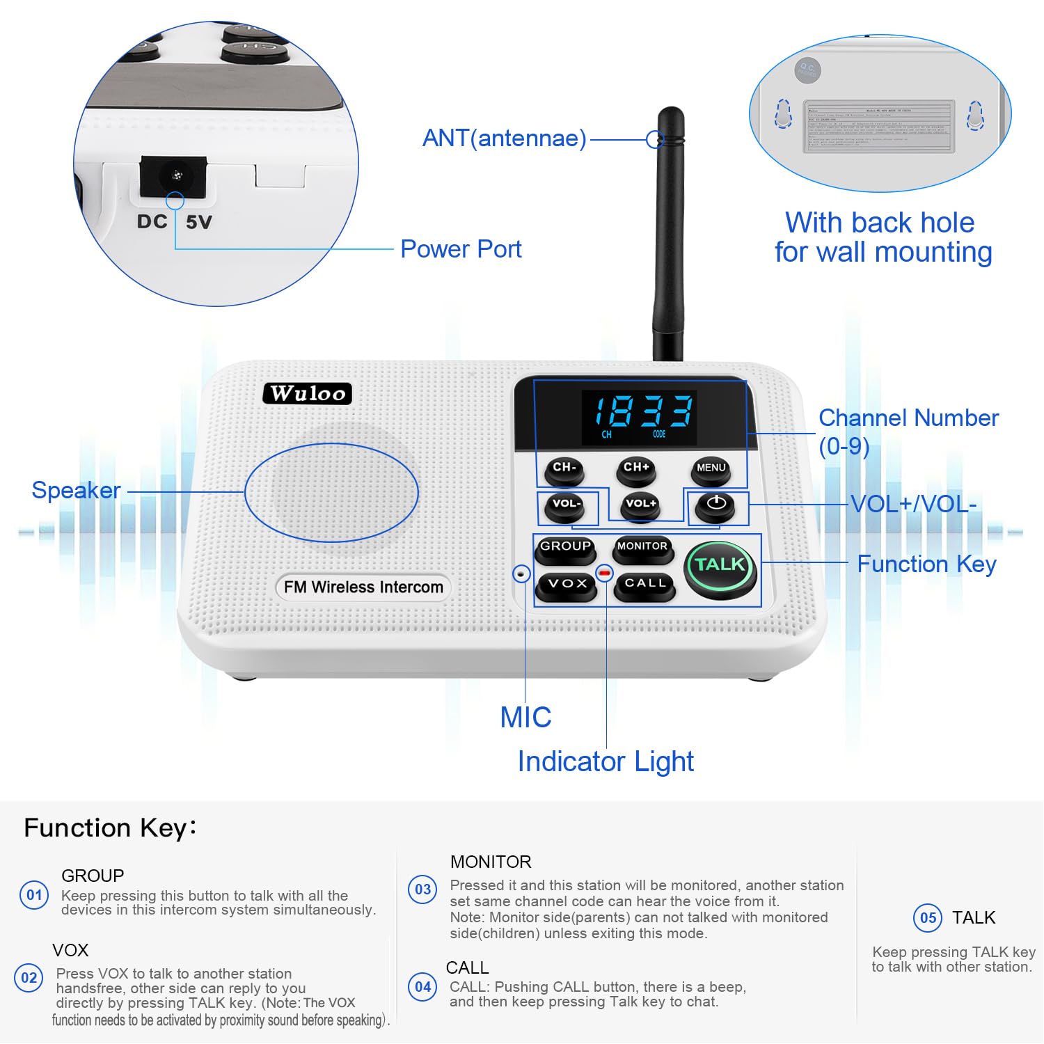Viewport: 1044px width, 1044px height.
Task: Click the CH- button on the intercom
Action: click(564, 470)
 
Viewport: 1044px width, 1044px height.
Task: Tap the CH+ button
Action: click(636, 470)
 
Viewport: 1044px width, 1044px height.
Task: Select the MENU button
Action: click(711, 470)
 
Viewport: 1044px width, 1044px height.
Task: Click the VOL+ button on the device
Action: click(640, 505)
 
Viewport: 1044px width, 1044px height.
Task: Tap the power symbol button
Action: click(715, 506)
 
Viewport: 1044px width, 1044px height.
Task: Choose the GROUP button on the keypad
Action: click(565, 548)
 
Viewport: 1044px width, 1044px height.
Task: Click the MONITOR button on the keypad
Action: click(642, 548)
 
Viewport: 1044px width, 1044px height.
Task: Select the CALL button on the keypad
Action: click(645, 585)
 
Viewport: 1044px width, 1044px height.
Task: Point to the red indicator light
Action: click(604, 574)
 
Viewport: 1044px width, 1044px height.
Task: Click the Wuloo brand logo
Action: click(308, 393)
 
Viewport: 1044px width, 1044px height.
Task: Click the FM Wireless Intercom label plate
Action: click(363, 587)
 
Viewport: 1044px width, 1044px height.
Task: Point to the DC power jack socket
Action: click(174, 176)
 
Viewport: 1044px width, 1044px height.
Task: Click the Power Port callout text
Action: click(461, 249)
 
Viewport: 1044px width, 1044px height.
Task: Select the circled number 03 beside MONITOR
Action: click(422, 889)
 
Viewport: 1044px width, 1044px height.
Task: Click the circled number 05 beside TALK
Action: click(928, 917)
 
